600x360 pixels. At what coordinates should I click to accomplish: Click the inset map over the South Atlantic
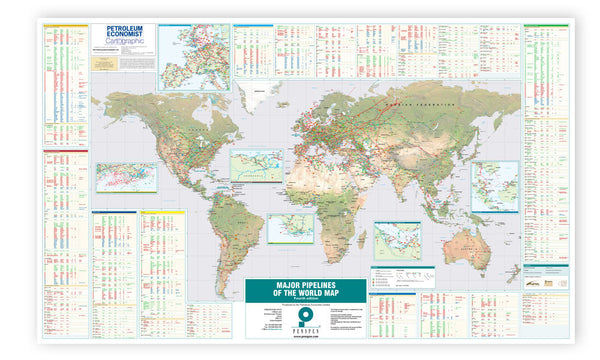click(290, 228)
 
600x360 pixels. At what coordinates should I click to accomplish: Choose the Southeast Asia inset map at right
click(495, 186)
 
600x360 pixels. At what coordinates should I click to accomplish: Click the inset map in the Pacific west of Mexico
click(126, 178)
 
